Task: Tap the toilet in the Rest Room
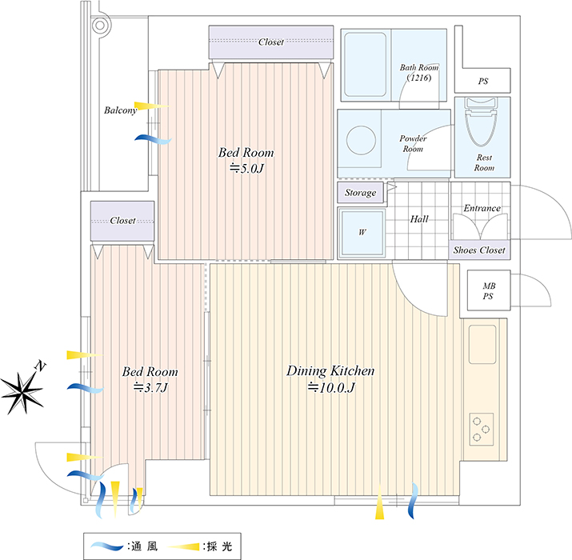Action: click(x=482, y=122)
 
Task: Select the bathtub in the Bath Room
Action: click(x=366, y=65)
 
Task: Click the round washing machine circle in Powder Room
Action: click(x=361, y=141)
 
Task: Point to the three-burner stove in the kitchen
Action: click(x=481, y=430)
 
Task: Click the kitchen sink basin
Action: click(x=482, y=344)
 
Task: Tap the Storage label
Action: click(x=361, y=193)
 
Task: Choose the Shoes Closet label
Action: click(x=479, y=250)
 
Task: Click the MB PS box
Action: click(x=489, y=290)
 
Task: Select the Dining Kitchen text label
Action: click(x=330, y=371)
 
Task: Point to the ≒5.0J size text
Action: click(x=246, y=168)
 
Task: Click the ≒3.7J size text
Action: click(x=150, y=387)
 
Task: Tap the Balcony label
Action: click(x=120, y=110)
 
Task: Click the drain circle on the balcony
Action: click(x=100, y=25)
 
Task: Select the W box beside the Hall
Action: click(x=362, y=232)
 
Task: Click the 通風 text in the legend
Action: click(x=145, y=546)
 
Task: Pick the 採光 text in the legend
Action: click(x=220, y=546)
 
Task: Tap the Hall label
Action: click(x=419, y=219)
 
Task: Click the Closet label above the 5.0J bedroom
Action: click(x=271, y=42)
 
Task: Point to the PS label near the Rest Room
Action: click(x=483, y=81)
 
